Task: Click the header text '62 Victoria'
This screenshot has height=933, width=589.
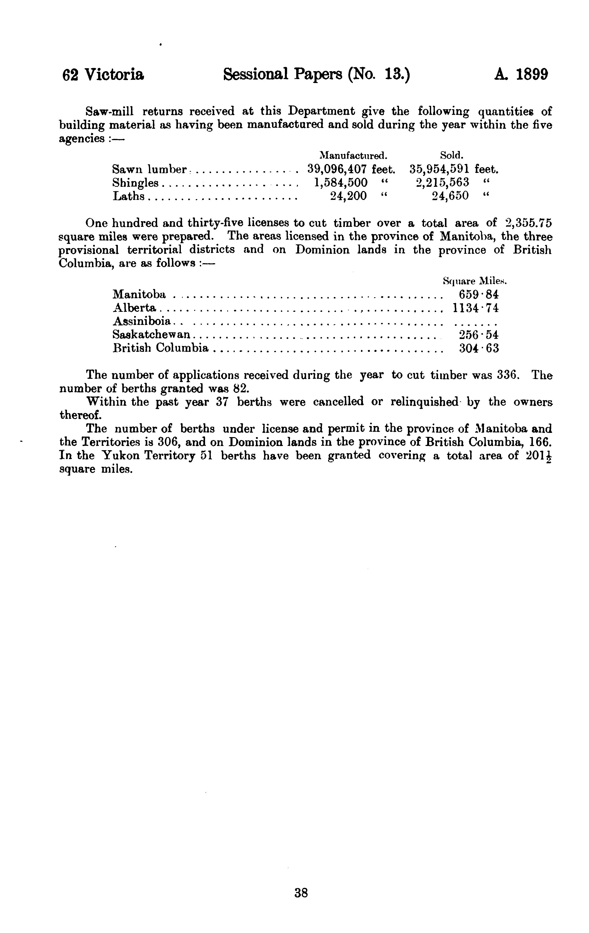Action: tap(103, 74)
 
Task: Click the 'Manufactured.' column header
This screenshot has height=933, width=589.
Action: tap(353, 156)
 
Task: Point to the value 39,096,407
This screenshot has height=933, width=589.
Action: tap(337, 169)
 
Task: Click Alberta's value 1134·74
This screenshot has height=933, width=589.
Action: tap(475, 308)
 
